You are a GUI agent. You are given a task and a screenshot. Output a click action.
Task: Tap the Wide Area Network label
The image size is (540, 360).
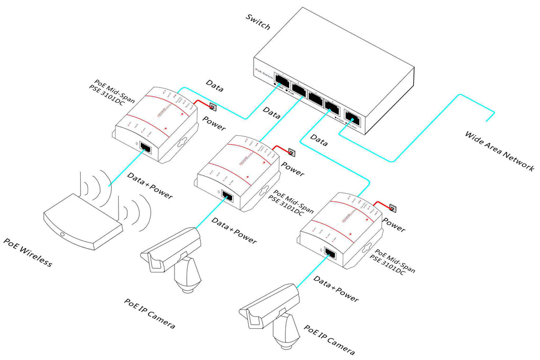(498, 151)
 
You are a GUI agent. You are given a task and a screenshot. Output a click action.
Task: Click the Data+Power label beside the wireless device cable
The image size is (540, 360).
(150, 187)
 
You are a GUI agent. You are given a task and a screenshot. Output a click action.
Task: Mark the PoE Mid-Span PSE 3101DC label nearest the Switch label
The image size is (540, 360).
(111, 90)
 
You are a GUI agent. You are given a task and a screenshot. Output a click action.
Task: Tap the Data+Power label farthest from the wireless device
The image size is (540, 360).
(336, 289)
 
